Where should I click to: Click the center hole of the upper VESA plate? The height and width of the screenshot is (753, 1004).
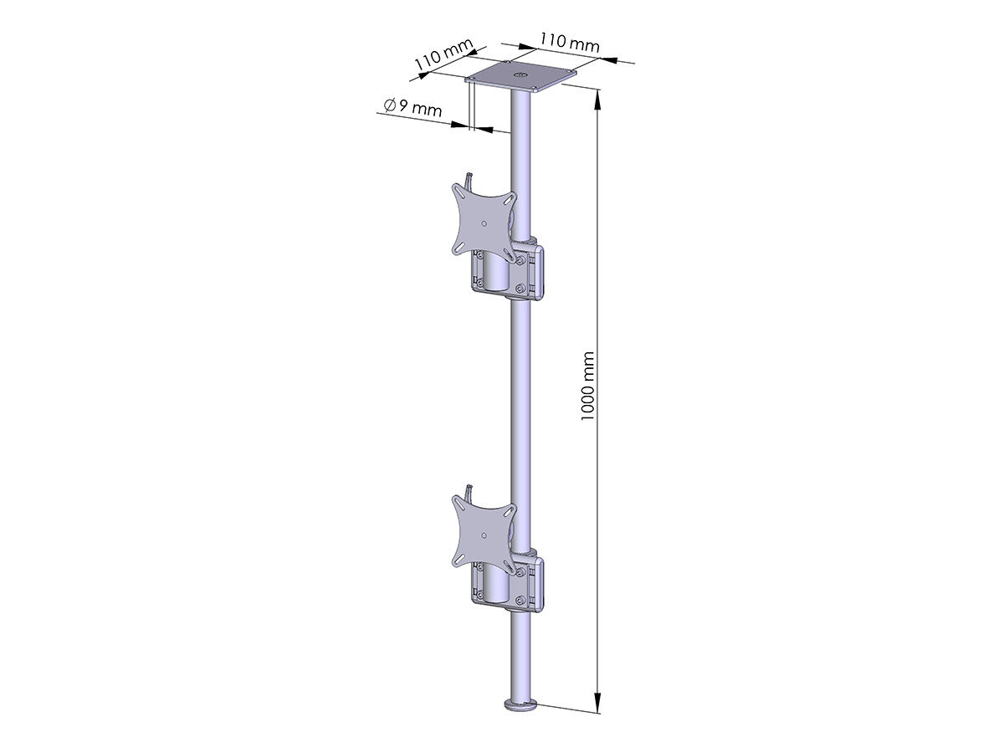(x=484, y=223)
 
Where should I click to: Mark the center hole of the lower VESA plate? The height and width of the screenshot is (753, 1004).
(x=484, y=535)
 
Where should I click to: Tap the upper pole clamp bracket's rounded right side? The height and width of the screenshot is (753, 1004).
(x=540, y=271)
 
